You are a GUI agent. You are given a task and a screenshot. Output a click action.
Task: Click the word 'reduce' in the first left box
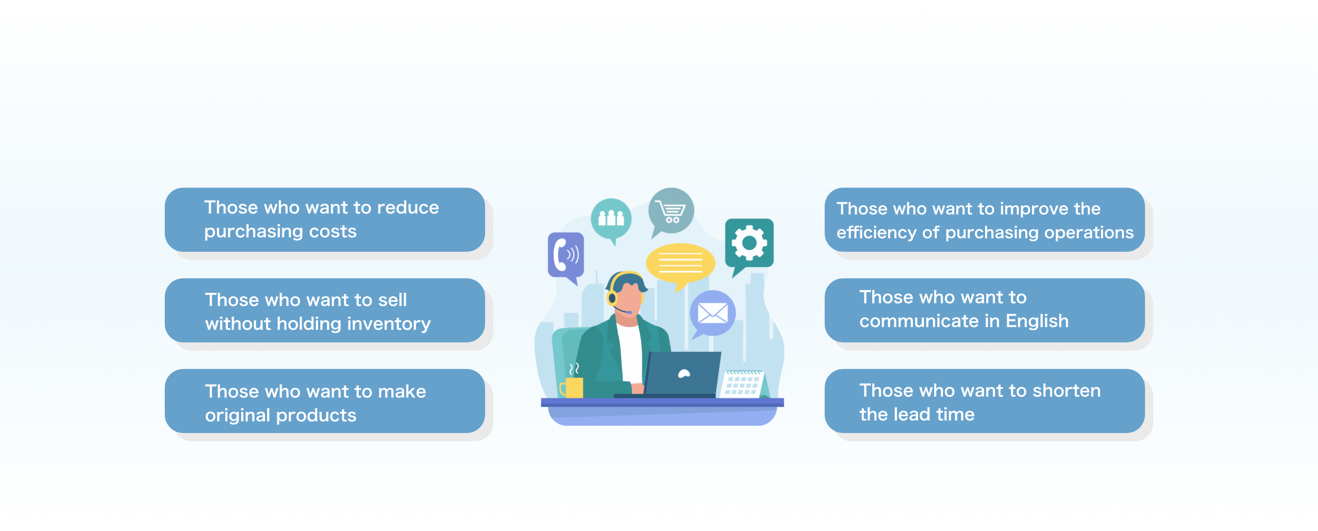point(407,208)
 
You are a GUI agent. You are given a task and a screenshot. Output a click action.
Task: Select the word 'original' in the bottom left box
point(238,415)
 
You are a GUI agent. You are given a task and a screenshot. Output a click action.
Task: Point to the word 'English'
point(1037,321)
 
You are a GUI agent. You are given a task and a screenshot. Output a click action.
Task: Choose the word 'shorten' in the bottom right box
point(1066,390)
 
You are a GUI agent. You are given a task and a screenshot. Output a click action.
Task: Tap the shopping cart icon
point(671,211)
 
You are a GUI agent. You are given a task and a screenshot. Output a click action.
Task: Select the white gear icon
point(749,243)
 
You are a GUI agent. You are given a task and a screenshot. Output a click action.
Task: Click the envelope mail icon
point(713,313)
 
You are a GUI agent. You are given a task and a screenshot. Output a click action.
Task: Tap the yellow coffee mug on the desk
point(572,387)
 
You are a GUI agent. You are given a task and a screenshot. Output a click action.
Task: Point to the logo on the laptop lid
point(684,374)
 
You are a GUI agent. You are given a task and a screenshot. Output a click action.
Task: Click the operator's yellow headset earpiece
point(612,297)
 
